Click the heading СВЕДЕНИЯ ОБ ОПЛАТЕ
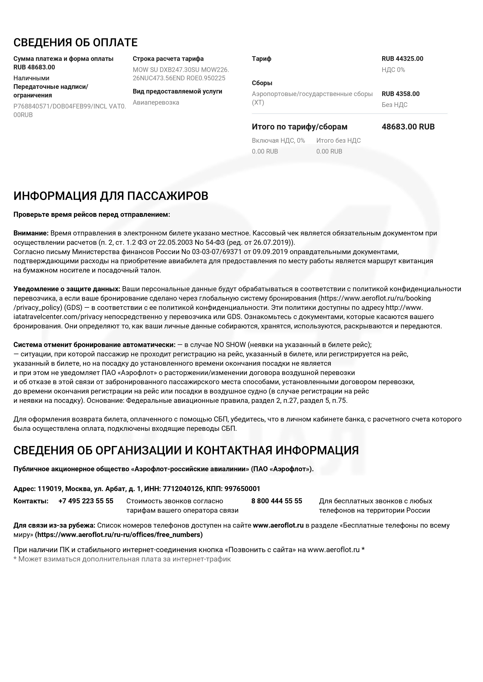tap(76, 43)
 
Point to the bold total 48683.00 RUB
tap(408, 127)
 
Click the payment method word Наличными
tap(31, 78)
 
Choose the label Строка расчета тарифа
tap(168, 59)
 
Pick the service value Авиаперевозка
tap(156, 102)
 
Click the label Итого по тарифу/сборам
tap(299, 127)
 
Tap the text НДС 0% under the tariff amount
tap(393, 70)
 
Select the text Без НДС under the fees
tap(394, 105)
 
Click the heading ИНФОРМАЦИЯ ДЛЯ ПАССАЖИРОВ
tap(111, 196)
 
